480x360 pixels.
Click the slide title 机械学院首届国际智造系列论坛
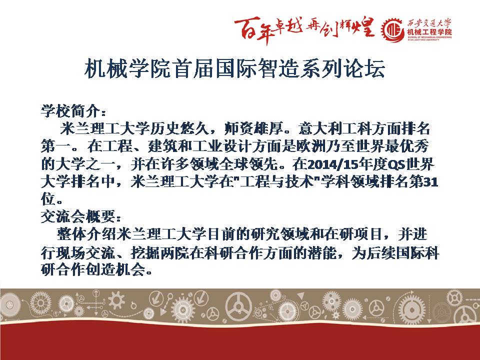234,68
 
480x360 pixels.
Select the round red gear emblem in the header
393,30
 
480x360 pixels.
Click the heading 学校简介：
74,111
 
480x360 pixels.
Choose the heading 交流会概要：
81,216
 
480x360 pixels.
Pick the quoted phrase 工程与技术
277,182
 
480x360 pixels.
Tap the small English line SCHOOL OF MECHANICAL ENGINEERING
429,37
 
